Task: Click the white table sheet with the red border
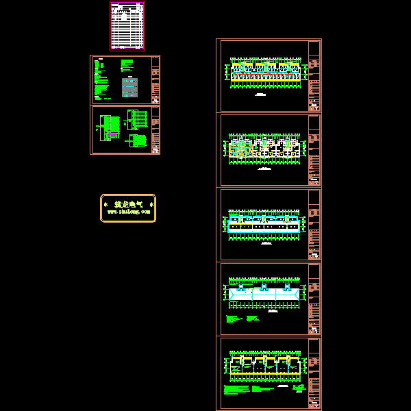click(x=127, y=26)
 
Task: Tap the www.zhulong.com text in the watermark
click(x=128, y=212)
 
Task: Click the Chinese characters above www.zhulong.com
click(x=128, y=204)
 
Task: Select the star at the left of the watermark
click(x=105, y=205)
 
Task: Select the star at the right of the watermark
click(x=151, y=205)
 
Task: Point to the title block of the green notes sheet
click(x=155, y=79)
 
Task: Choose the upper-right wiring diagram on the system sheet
click(x=138, y=118)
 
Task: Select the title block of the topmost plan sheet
click(x=314, y=75)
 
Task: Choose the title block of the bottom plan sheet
click(x=314, y=373)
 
